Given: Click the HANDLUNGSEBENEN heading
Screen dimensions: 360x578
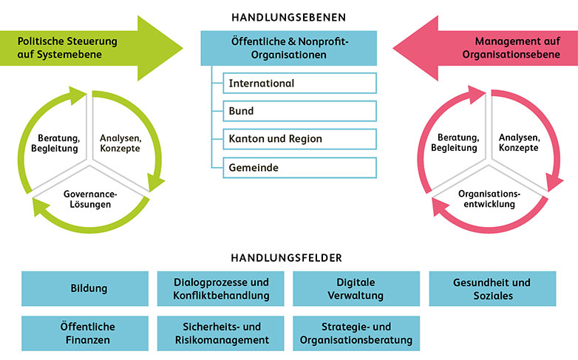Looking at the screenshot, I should [x=288, y=16].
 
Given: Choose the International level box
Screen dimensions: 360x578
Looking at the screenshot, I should [x=299, y=84].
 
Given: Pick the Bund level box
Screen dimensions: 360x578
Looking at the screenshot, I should [x=299, y=111].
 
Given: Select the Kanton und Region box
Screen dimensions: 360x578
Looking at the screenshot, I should [x=299, y=139].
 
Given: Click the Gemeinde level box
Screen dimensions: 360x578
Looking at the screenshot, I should [x=299, y=168].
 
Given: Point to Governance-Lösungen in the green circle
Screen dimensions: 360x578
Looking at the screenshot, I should [x=92, y=197].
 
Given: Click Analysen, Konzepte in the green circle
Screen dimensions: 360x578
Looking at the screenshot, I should [x=120, y=141].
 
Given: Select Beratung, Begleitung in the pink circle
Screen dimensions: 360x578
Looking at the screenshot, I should [x=458, y=141].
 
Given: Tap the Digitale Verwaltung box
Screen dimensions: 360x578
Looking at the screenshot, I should [x=356, y=288].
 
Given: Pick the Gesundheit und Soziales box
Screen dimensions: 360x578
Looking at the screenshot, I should [x=492, y=288].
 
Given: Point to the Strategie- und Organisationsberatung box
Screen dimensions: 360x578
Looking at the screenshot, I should [x=356, y=333].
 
